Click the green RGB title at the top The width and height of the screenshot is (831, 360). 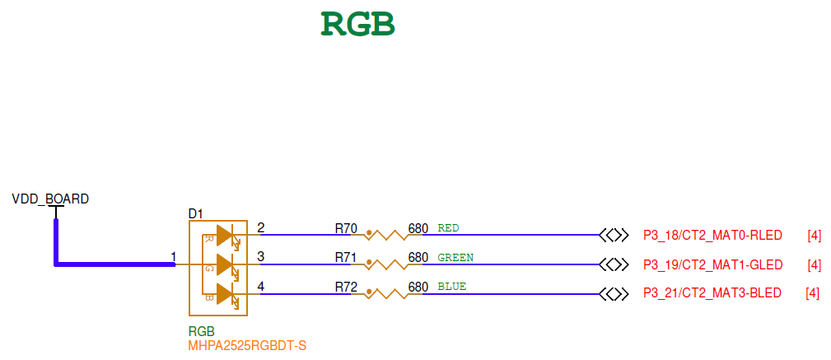pyautogui.click(x=357, y=24)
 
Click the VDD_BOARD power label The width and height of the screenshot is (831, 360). pyautogui.click(x=50, y=199)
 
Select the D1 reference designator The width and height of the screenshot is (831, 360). pyautogui.click(x=196, y=214)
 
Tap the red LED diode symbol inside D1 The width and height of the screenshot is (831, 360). pyautogui.click(x=225, y=235)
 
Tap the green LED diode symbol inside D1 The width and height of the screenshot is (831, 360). pyautogui.click(x=225, y=264)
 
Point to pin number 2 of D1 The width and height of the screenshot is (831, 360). pyautogui.click(x=261, y=228)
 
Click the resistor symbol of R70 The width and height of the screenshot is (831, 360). pyautogui.click(x=387, y=235)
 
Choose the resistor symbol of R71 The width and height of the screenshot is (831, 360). pyautogui.click(x=387, y=264)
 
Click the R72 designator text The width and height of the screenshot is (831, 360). pyautogui.click(x=345, y=288)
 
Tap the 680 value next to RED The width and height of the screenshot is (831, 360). pyautogui.click(x=418, y=228)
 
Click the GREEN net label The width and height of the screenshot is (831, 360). pyautogui.click(x=455, y=258)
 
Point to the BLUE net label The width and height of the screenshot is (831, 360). pyautogui.click(x=451, y=288)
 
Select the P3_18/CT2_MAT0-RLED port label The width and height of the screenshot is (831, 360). pyautogui.click(x=712, y=235)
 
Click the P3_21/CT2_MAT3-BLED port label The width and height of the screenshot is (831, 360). pyautogui.click(x=712, y=294)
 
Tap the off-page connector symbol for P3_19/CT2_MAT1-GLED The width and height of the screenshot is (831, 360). pyautogui.click(x=614, y=264)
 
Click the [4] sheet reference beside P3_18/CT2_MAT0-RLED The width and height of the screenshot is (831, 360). pyautogui.click(x=814, y=236)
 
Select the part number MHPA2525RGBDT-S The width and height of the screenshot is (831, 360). pyautogui.click(x=247, y=345)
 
